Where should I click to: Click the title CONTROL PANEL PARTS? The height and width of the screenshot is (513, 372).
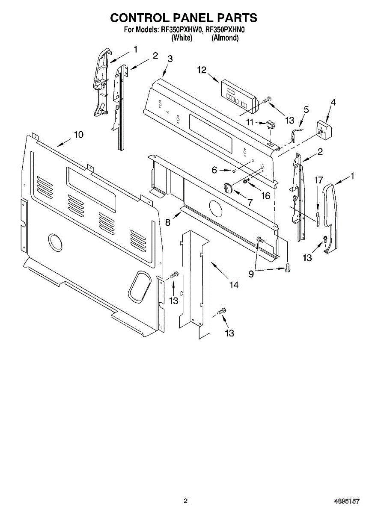(x=184, y=18)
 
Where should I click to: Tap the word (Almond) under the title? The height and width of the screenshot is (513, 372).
(x=225, y=38)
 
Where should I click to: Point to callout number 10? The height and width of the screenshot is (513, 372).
(x=78, y=135)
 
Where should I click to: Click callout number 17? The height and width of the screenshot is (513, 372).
(x=318, y=180)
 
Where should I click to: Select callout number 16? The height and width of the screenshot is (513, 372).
(x=266, y=196)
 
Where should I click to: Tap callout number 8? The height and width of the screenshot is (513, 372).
(x=168, y=222)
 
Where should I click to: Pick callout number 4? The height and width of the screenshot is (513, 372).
(x=333, y=103)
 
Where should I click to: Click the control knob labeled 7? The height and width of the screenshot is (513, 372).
(x=228, y=186)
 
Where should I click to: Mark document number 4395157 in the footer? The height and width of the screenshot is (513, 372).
(x=347, y=501)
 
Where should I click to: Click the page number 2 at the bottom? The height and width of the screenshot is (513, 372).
(x=185, y=501)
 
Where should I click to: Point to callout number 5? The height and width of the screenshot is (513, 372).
(x=306, y=109)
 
